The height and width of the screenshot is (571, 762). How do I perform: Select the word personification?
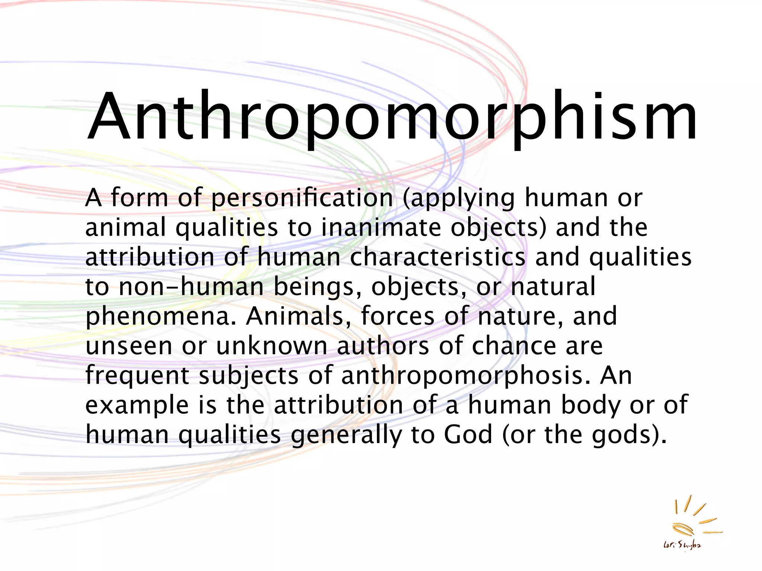302,198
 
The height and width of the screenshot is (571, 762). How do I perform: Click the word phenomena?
160,317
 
